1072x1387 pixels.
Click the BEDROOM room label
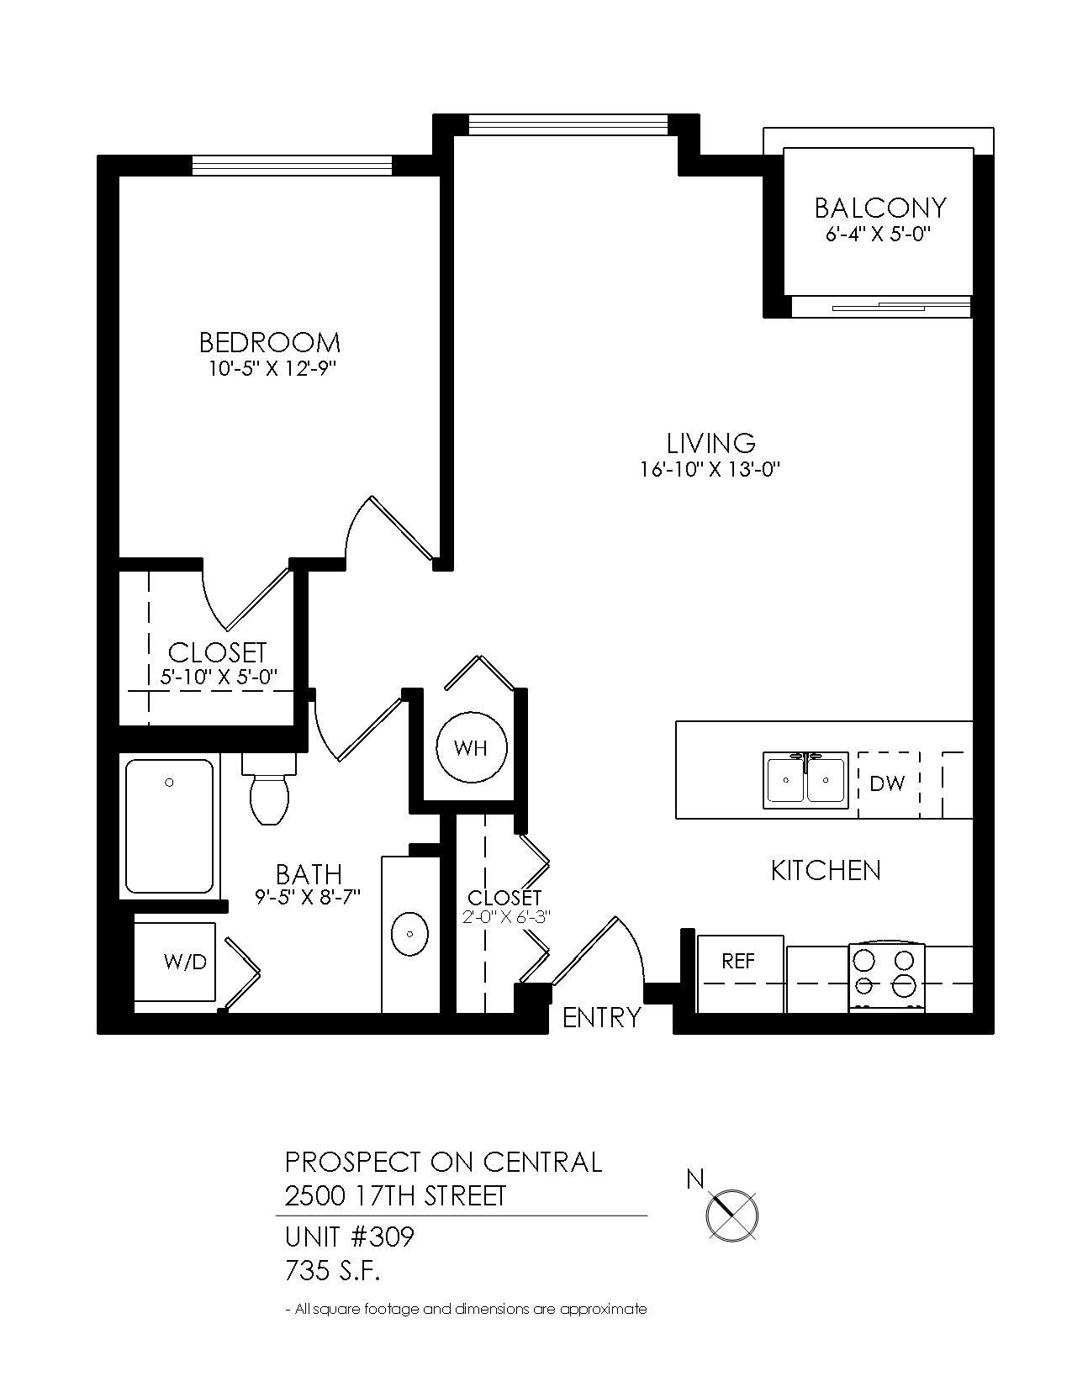point(270,342)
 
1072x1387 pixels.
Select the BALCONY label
point(880,208)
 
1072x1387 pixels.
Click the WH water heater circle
point(471,747)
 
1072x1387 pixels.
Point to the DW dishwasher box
point(888,784)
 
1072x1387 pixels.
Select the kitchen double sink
point(805,780)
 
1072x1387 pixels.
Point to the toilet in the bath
point(269,794)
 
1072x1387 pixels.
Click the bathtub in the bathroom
point(169,826)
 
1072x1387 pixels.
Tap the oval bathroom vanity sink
point(410,934)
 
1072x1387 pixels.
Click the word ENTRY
point(601,1018)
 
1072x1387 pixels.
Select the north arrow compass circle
point(731,1215)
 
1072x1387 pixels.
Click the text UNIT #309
point(350,1237)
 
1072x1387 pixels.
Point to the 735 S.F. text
point(333,1272)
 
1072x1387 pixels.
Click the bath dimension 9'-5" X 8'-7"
point(308,897)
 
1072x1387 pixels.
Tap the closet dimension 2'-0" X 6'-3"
point(506,917)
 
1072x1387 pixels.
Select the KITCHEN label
point(826,871)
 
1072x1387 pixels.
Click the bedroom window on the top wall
point(292,166)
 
